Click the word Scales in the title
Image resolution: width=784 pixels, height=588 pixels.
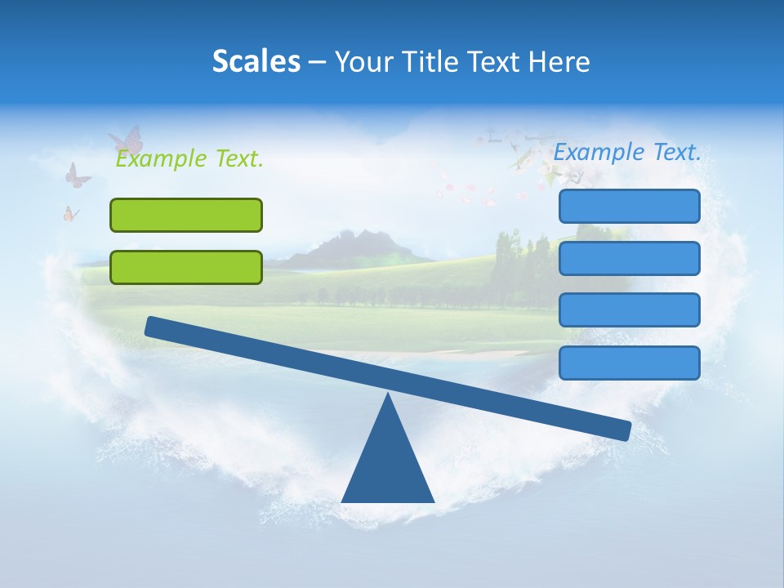256,61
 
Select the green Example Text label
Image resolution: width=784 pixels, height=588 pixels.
189,158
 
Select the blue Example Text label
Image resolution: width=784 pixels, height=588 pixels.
627,152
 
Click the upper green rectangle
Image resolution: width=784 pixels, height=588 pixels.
186,215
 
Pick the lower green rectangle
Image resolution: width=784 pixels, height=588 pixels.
186,267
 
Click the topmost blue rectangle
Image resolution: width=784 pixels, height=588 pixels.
630,206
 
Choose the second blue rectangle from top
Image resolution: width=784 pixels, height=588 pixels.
630,258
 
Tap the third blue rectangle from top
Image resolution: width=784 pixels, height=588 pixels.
630,310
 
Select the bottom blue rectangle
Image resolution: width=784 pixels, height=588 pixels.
630,363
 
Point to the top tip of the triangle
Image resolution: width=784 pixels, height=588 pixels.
389,396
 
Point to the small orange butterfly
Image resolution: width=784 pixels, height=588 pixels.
71,214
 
